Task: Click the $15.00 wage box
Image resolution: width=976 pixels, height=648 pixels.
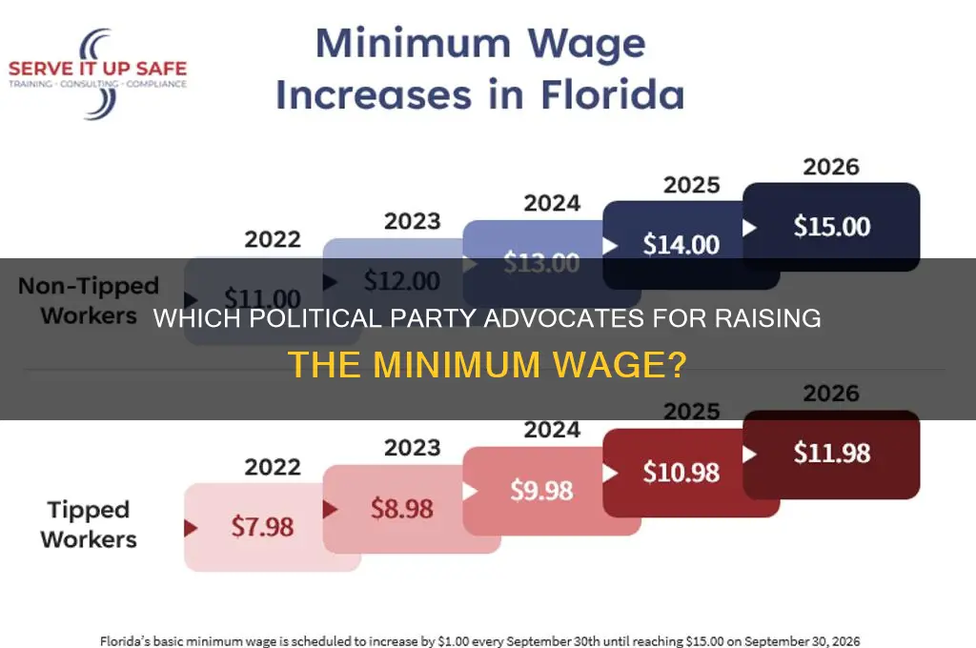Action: [x=831, y=227]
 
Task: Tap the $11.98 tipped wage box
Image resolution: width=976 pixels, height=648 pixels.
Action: [x=831, y=454]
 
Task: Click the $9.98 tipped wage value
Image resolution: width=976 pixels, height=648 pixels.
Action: [x=541, y=490]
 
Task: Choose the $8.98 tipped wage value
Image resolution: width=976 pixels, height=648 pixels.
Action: [x=401, y=509]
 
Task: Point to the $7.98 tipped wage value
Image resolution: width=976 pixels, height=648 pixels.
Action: [x=262, y=526]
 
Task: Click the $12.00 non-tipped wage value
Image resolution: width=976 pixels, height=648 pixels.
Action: [x=401, y=281]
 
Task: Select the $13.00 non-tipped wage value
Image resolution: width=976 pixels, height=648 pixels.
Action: [x=541, y=264]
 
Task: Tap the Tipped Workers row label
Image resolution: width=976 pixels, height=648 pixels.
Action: [x=89, y=524]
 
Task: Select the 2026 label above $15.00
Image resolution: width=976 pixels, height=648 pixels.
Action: [x=831, y=167]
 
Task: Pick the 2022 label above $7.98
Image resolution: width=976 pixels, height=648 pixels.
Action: [x=273, y=467]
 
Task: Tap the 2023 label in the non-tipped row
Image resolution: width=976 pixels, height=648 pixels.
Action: [x=413, y=221]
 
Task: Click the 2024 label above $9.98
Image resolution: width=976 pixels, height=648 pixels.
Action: [x=552, y=431]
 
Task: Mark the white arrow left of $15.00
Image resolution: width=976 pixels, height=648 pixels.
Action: [x=749, y=228]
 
